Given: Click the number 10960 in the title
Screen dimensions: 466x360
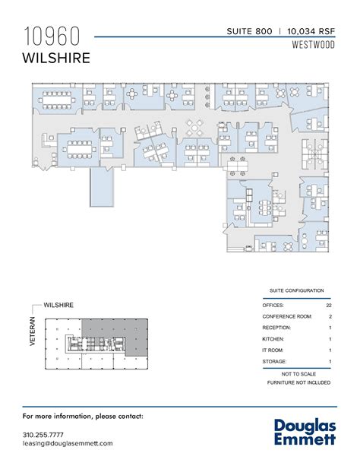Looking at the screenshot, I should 54,36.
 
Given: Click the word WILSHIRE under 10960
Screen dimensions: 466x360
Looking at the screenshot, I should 56,57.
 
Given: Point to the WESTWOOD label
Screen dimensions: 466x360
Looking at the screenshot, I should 313,45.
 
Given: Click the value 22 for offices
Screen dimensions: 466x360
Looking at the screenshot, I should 328,304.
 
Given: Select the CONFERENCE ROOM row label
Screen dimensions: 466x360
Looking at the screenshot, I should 286,315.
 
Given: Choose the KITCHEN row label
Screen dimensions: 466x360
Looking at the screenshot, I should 274,338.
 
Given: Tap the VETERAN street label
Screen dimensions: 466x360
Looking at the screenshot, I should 32,331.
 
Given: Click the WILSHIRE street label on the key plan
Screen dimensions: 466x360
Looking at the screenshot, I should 58,304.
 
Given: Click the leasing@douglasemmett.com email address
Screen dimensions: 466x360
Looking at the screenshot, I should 68,442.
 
